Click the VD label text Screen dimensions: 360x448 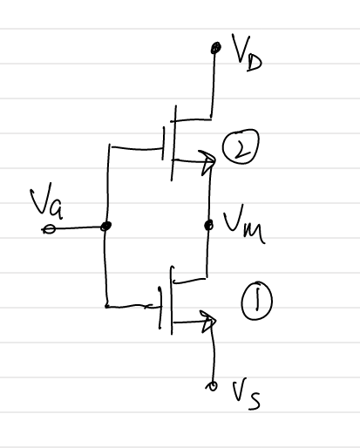(x=247, y=52)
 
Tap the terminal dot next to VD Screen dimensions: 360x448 (x=215, y=48)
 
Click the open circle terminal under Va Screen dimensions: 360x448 (x=49, y=229)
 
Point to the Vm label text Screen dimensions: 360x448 (x=243, y=224)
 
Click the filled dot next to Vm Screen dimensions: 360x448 (x=209, y=225)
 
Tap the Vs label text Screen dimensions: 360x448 (x=246, y=394)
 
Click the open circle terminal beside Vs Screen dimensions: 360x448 (x=212, y=386)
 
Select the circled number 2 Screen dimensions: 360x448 (x=241, y=146)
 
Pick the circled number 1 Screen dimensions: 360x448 (x=256, y=301)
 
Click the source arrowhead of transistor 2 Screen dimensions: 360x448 (x=208, y=161)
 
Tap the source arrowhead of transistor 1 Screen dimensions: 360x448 (x=208, y=321)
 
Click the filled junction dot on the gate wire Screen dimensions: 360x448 (x=105, y=226)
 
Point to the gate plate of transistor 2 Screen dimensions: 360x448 (x=163, y=143)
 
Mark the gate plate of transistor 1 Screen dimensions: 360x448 (x=160, y=308)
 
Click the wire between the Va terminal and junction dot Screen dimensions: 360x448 (x=78, y=228)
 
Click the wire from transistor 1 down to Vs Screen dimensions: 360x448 (x=214, y=356)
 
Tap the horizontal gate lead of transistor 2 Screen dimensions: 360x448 (x=137, y=148)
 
